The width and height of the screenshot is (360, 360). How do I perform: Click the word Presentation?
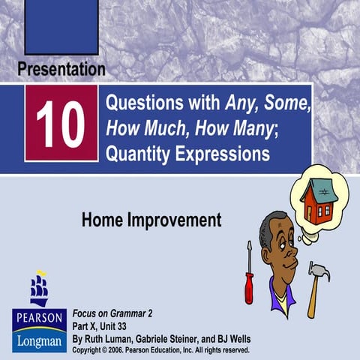coord(61,70)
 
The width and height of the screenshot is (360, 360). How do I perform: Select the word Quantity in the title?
coord(139,154)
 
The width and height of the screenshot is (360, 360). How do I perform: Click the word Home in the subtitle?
coord(101,220)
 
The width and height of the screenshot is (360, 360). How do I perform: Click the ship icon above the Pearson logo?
coord(38,288)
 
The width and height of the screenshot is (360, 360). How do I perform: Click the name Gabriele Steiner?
coord(165,338)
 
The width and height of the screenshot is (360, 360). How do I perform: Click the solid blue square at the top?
coord(61,26)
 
